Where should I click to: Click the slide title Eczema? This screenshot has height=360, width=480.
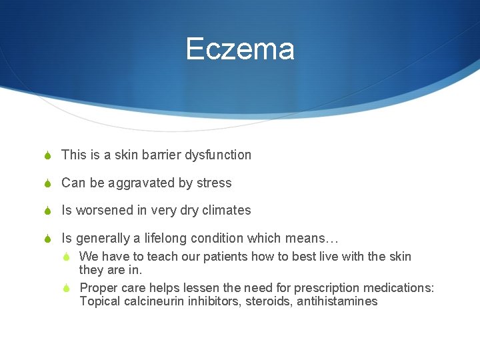tap(240, 49)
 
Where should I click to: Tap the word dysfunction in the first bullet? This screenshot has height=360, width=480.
tap(219, 155)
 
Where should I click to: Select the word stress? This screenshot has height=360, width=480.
tap(215, 183)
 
